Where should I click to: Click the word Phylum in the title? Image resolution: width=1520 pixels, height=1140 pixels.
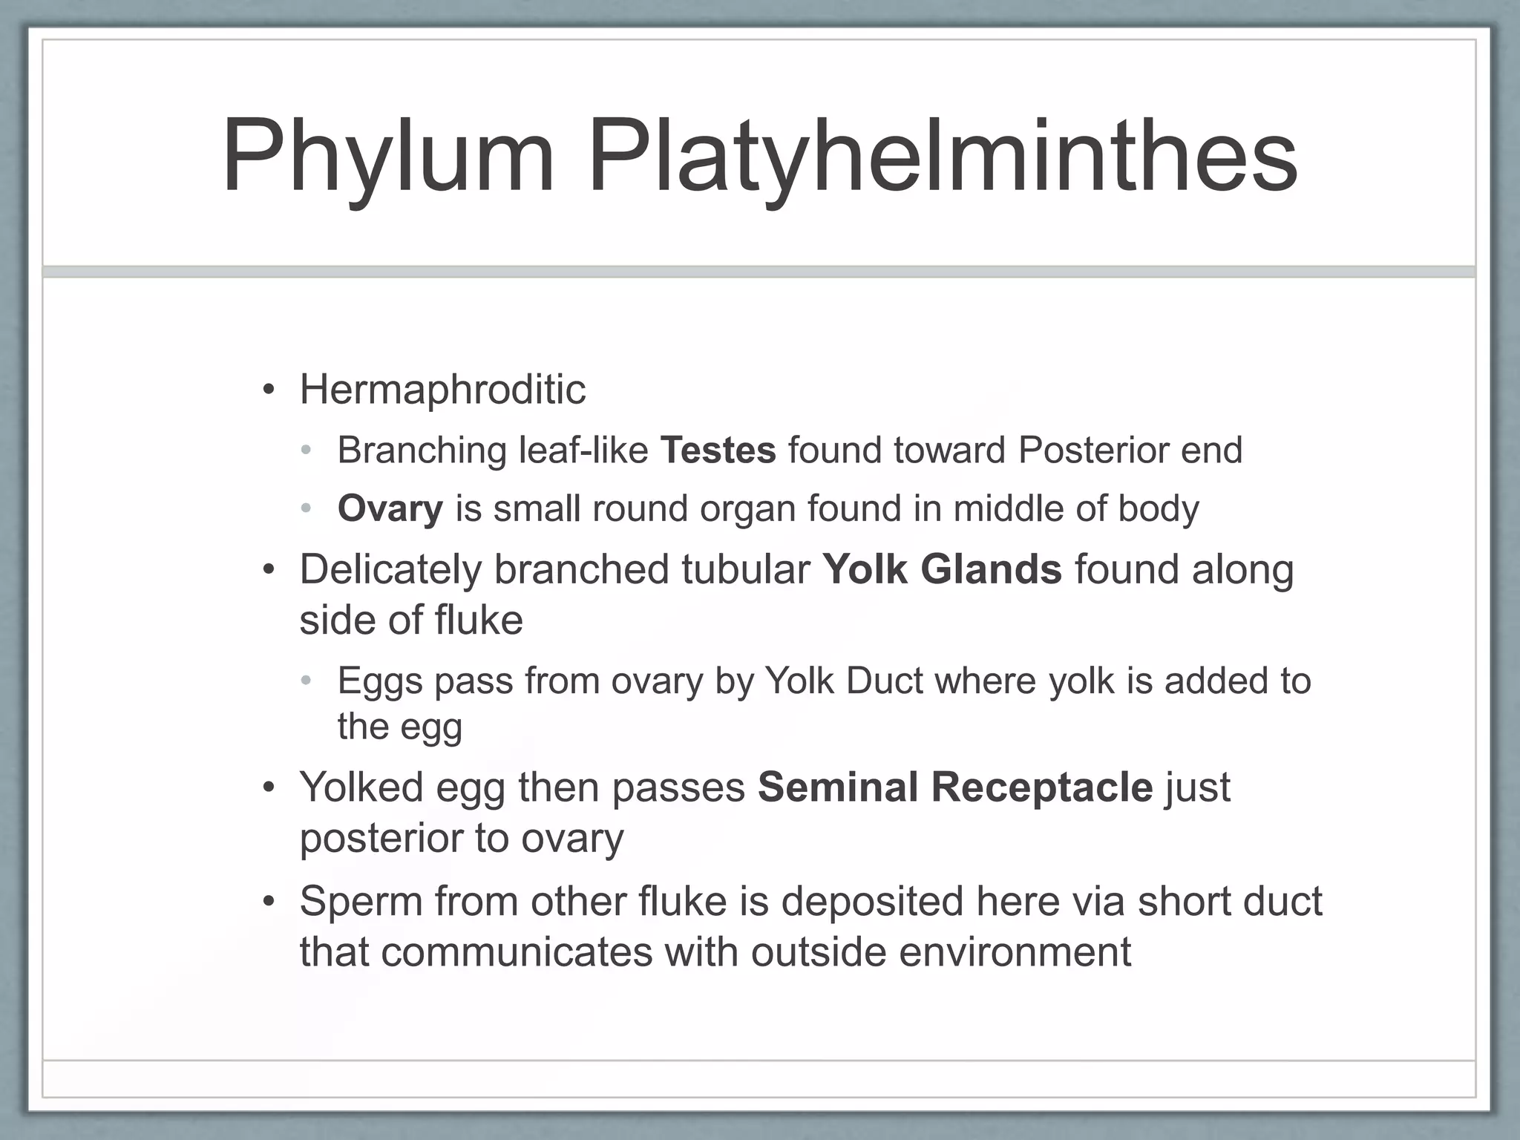[x=387, y=157]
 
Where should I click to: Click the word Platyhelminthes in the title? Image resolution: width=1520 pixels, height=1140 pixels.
[x=943, y=157]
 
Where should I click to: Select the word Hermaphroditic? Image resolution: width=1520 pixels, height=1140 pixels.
[x=442, y=389]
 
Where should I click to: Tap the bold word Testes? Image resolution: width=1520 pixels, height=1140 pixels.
[x=718, y=450]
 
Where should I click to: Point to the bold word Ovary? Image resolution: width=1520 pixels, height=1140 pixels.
[x=390, y=508]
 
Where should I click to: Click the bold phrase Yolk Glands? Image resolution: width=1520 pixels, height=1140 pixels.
[x=942, y=569]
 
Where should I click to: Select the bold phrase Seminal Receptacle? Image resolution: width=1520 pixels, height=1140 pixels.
[x=955, y=787]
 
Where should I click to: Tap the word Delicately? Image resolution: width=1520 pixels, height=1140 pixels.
[x=390, y=569]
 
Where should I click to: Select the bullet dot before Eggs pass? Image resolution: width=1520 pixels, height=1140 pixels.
[x=307, y=681]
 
